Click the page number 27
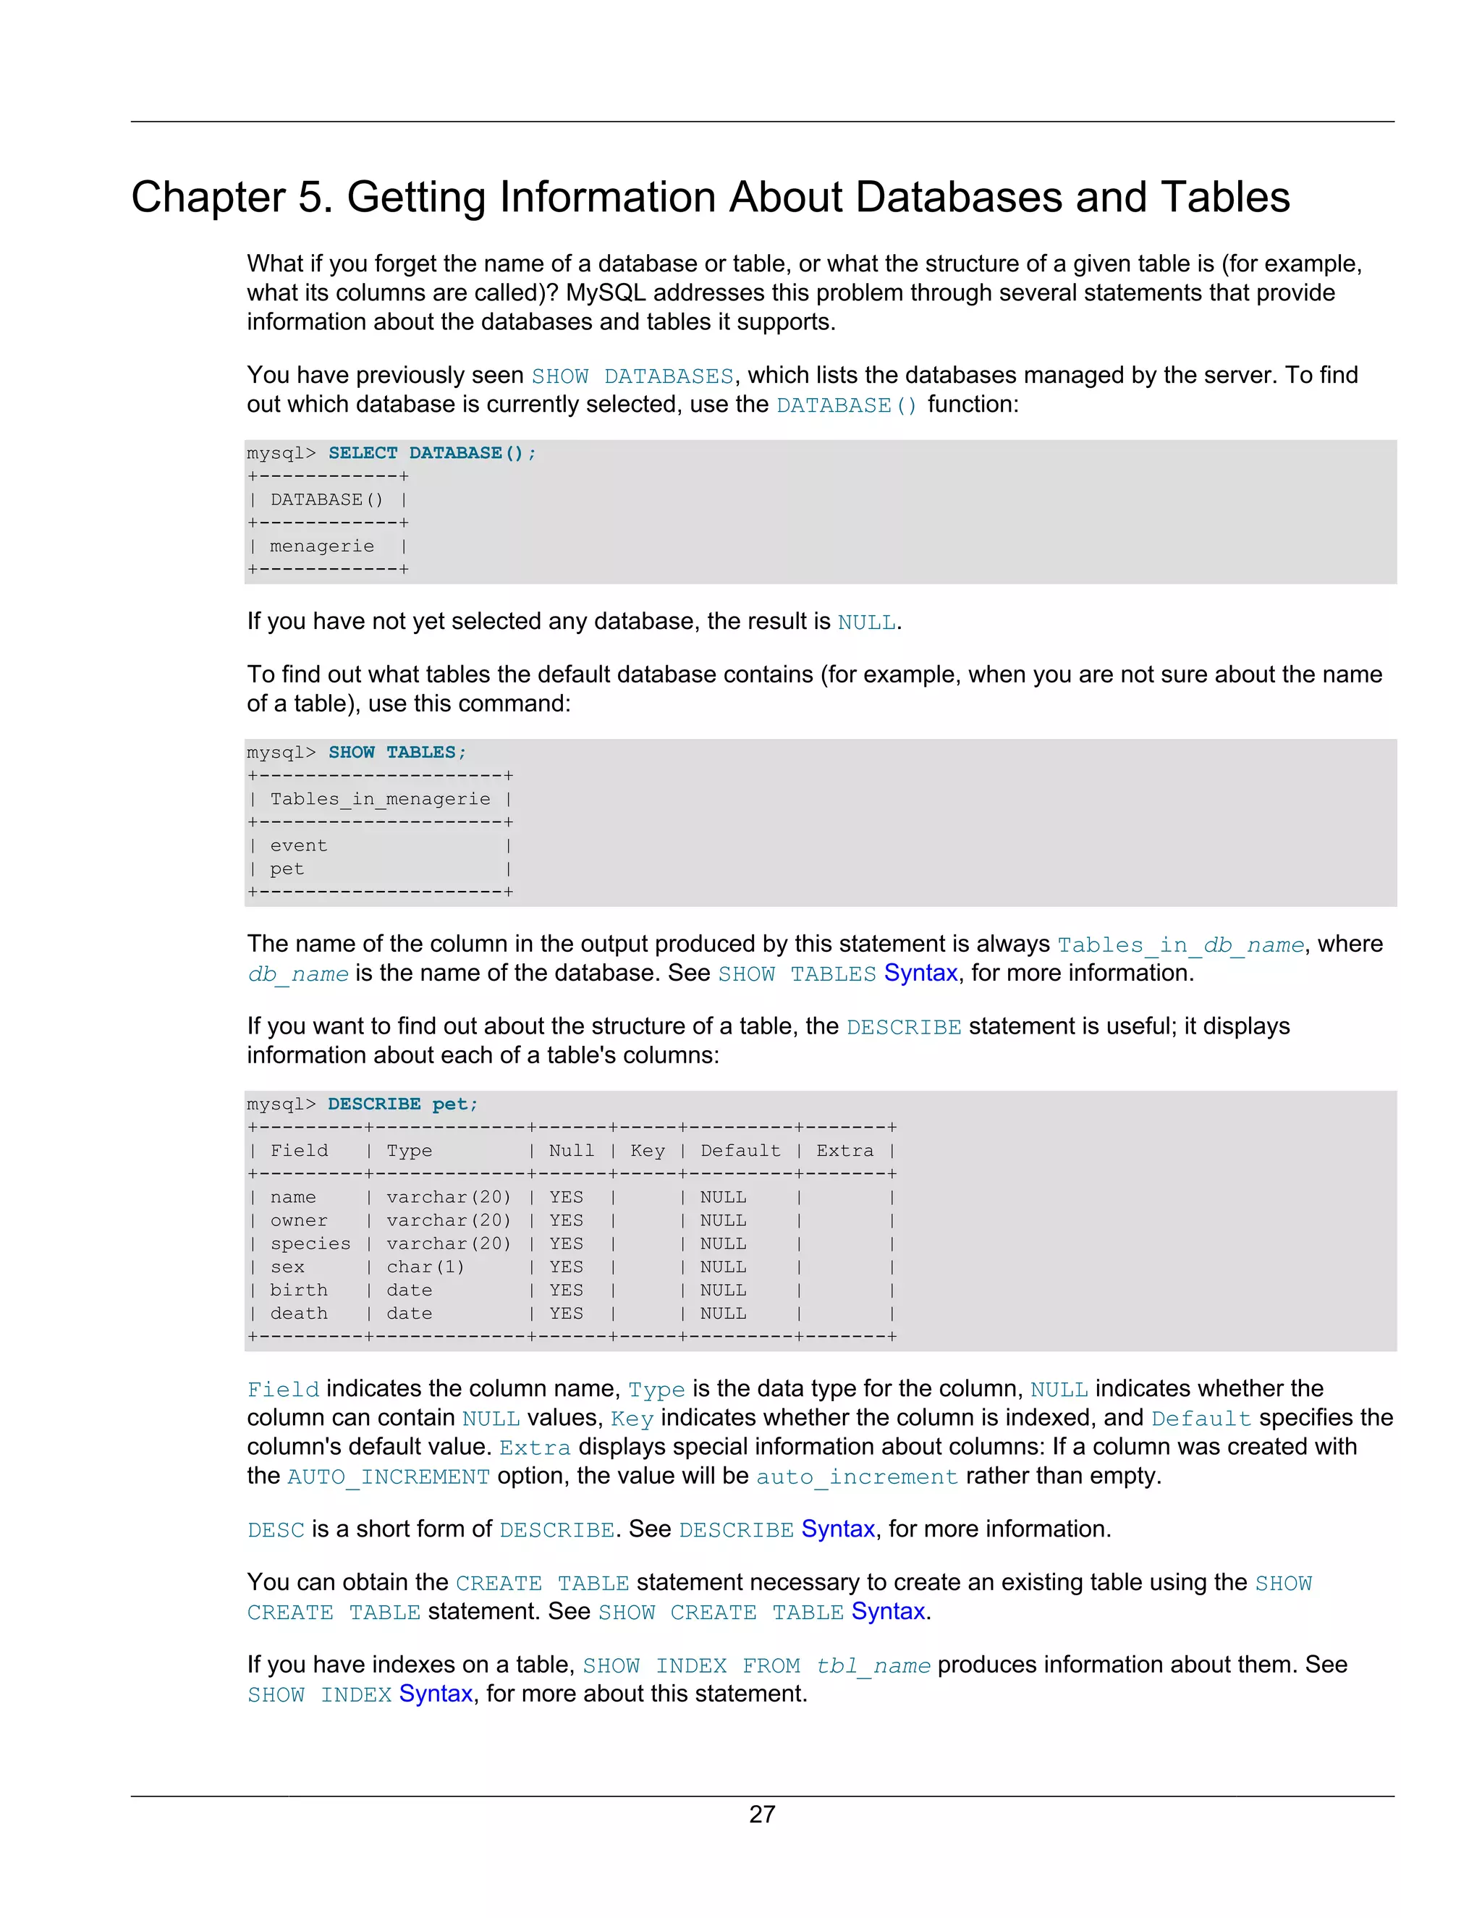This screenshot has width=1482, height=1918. (x=761, y=1815)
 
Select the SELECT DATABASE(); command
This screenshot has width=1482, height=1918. (x=431, y=453)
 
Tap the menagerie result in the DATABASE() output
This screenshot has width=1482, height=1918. (x=321, y=546)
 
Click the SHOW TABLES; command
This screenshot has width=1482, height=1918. (x=397, y=753)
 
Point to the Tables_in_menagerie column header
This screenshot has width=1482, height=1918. (x=379, y=799)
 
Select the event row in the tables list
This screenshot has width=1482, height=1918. (x=299, y=845)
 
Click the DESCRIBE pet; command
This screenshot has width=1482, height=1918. (x=402, y=1104)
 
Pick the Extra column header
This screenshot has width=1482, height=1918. (x=844, y=1151)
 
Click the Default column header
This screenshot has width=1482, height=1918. (x=740, y=1151)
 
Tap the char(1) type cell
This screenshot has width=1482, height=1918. (x=425, y=1267)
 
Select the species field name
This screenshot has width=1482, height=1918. (x=310, y=1243)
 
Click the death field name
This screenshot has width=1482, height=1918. (x=299, y=1314)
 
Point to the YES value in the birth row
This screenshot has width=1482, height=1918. (x=567, y=1290)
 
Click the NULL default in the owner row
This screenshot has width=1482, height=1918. (x=724, y=1221)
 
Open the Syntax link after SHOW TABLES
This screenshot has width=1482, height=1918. (x=920, y=973)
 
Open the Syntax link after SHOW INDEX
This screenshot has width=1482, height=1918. (x=436, y=1694)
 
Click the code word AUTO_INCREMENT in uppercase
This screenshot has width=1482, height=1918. (x=388, y=1477)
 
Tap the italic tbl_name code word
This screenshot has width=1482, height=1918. (x=873, y=1666)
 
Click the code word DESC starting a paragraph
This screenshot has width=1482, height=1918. (x=276, y=1530)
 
